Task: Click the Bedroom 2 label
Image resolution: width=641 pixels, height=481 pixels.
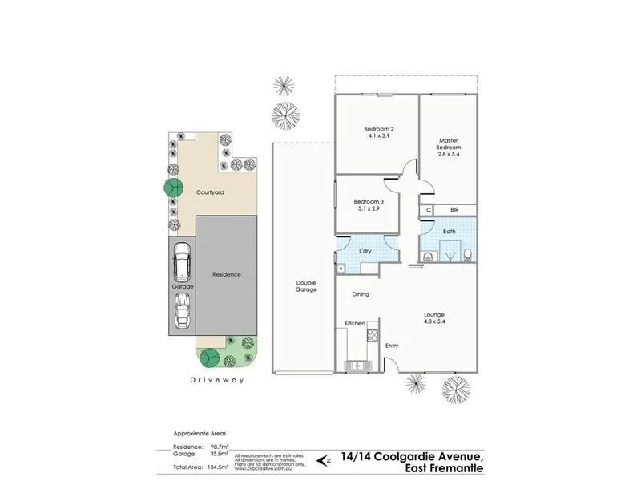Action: coord(378,129)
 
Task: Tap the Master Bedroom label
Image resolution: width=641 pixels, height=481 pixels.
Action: coord(448,143)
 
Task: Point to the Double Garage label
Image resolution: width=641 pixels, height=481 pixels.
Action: coord(306,285)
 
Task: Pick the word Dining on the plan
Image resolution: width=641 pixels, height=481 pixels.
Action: coord(361,294)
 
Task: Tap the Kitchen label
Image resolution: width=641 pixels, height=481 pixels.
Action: coord(355,323)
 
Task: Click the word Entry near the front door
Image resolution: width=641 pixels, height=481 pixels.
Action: coord(392,346)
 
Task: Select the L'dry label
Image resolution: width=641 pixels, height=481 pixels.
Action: coord(365,251)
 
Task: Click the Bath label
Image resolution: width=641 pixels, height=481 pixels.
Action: coord(450,232)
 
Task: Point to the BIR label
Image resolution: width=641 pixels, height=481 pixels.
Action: coord(454,210)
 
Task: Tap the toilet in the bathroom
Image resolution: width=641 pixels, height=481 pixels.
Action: coord(468,256)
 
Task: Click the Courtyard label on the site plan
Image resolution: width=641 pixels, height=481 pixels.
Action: coord(210,192)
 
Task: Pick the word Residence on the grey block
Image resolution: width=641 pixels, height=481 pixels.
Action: coord(226,274)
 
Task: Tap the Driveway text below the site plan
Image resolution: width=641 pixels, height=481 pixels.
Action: coord(216,380)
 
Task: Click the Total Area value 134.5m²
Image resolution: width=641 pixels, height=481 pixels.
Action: coord(218,465)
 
